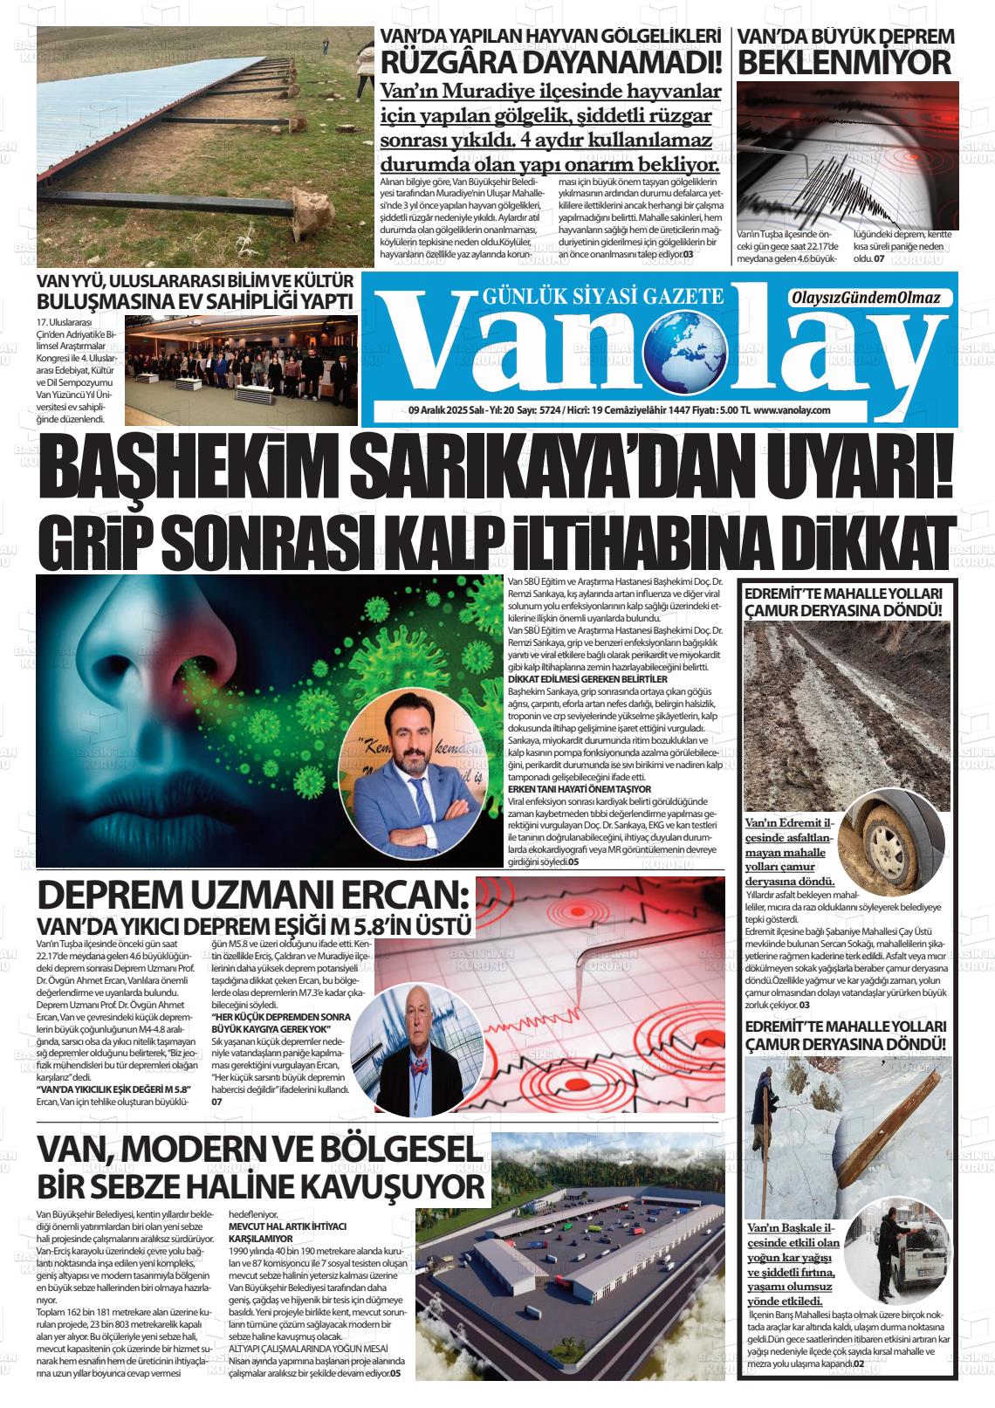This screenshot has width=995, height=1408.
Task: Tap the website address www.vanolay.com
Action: [791, 409]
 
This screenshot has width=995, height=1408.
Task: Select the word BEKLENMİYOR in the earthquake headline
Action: [843, 63]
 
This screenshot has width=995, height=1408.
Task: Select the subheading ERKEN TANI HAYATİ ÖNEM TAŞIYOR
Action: [580, 789]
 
